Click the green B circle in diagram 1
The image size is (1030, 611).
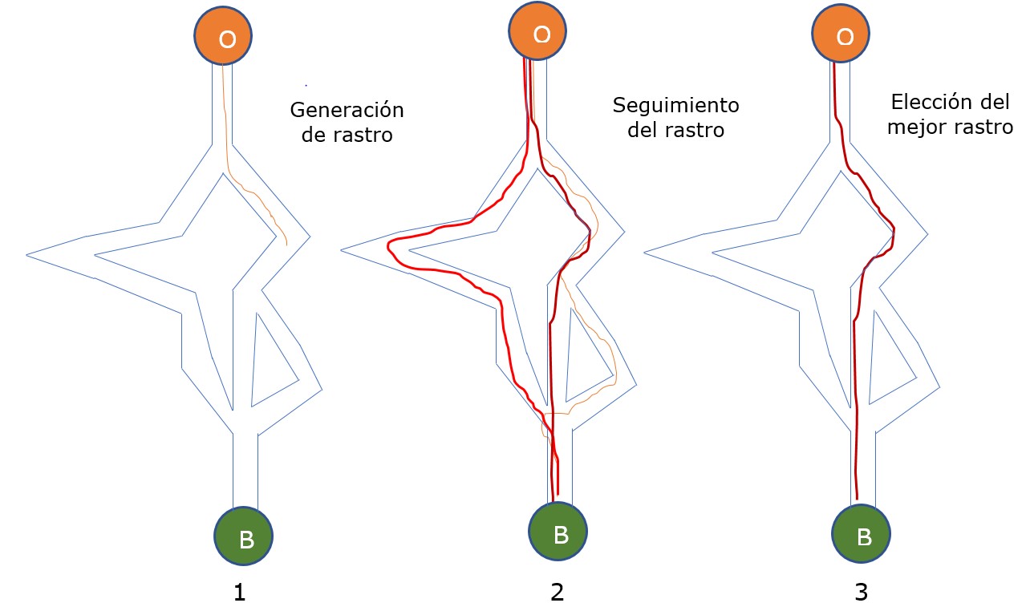pos(244,536)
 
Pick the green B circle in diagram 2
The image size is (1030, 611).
pos(558,532)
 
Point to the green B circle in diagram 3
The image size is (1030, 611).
pos(862,535)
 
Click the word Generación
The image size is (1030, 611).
pos(347,110)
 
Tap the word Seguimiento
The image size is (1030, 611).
pos(675,105)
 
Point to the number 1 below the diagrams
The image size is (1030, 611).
pos(238,593)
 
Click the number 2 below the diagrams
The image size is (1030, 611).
pos(558,593)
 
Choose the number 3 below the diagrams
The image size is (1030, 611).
pos(861,593)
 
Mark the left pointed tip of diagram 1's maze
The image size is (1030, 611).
pos(28,255)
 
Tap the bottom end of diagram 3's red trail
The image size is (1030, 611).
pos(857,498)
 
